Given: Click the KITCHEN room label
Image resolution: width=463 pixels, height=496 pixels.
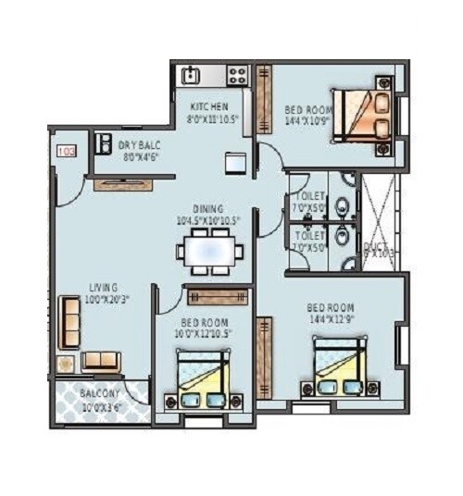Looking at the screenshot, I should coord(210,105).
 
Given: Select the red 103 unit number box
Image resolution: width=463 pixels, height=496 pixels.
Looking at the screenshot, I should coord(67,150).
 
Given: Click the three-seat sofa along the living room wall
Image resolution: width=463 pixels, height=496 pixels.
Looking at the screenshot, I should coord(69,322).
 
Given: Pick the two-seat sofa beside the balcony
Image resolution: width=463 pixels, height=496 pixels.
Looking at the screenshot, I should coord(101,362).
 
